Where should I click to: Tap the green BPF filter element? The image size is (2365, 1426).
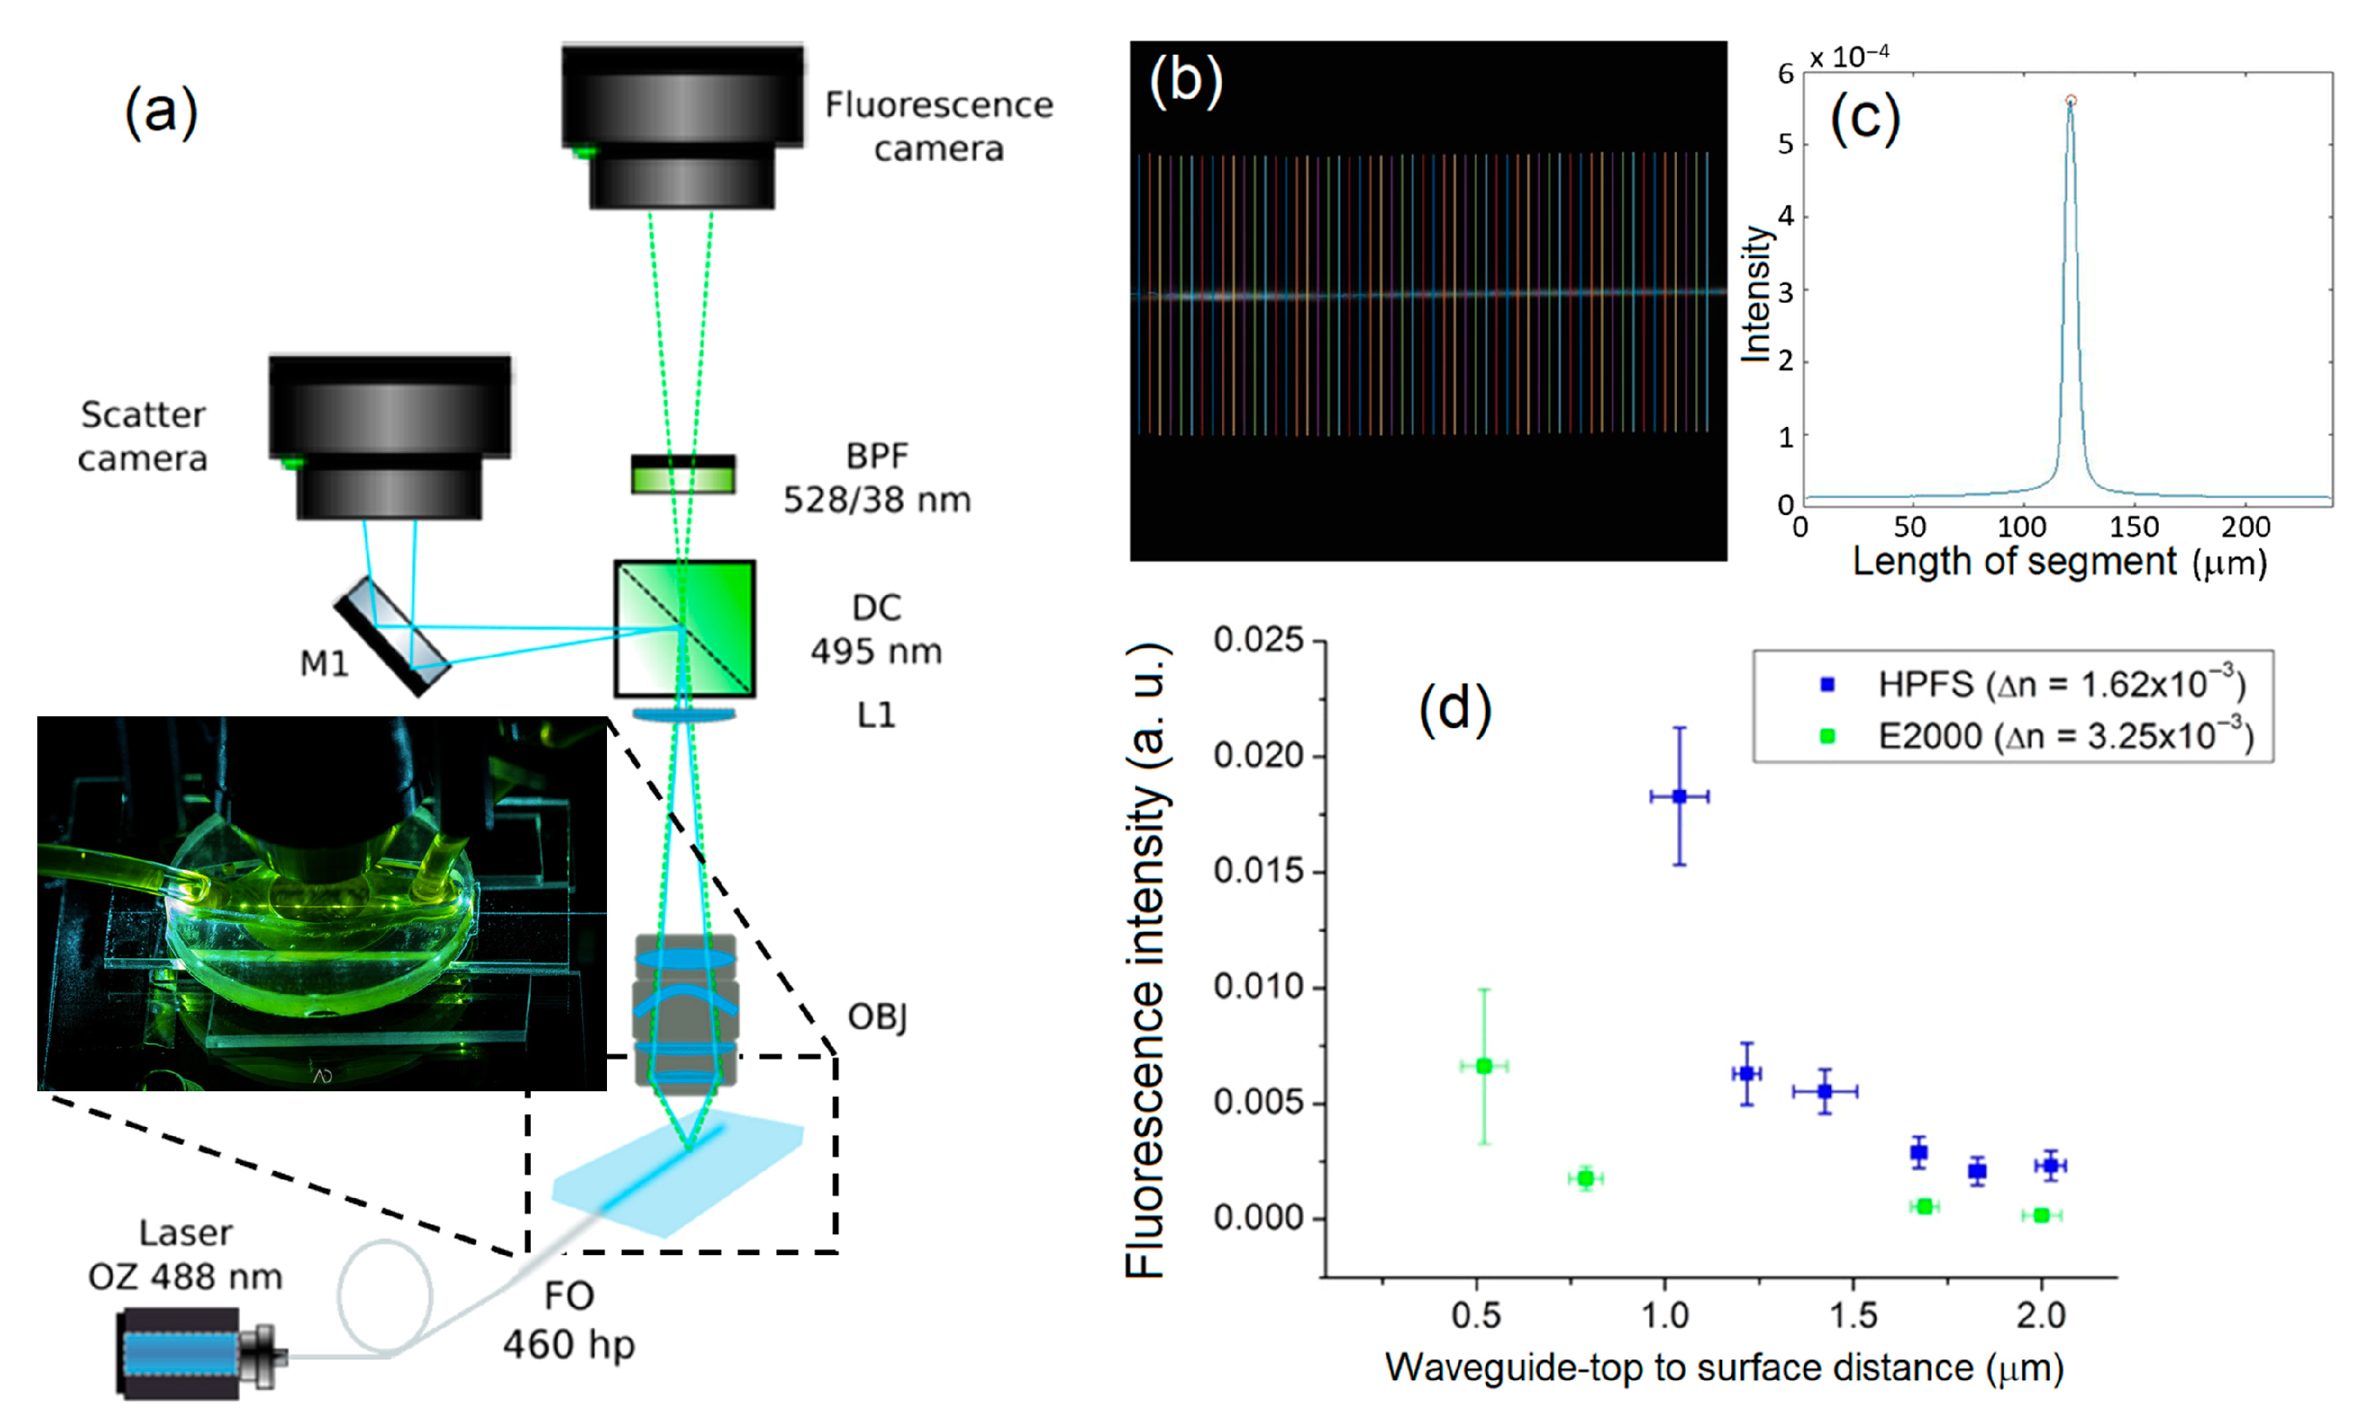tap(682, 474)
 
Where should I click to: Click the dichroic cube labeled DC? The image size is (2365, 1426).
tap(684, 629)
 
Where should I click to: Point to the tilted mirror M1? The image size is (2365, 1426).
tap(393, 634)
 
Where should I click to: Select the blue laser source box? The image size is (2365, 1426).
tap(181, 1352)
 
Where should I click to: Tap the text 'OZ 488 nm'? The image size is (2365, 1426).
tap(185, 1277)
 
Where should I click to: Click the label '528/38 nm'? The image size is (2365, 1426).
tap(876, 500)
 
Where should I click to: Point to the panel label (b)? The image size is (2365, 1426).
tap(1185, 80)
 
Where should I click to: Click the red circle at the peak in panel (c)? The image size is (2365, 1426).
tap(2070, 101)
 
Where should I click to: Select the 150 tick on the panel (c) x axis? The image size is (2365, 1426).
tap(2135, 527)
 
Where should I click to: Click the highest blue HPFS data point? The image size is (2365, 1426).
tap(1680, 797)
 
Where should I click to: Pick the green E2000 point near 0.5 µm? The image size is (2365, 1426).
tap(1484, 1066)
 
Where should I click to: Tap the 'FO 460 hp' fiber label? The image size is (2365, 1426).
tap(568, 1321)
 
